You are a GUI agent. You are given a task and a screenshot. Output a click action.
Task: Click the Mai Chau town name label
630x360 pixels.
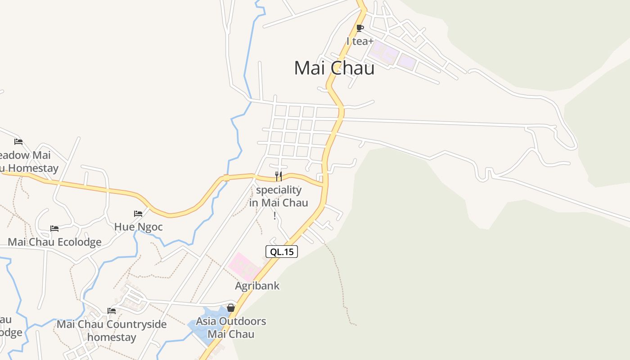334,68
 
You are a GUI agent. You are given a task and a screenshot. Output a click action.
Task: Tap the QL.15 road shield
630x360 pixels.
282,252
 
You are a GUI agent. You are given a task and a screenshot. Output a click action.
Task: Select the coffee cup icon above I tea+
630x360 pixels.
360,28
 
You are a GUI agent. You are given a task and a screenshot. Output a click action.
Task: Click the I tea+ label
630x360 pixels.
360,41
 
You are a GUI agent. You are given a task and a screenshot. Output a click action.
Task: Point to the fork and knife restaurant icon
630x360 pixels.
279,176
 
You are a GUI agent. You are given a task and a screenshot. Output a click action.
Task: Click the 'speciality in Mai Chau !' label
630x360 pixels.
279,202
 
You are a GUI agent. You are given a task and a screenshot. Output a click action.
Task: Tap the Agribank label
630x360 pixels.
257,286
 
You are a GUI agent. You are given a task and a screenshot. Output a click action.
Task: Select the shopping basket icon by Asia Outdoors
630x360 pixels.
231,308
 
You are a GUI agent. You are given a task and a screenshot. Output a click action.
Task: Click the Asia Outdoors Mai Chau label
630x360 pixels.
231,328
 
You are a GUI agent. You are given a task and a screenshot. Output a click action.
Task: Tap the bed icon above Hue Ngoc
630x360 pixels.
138,213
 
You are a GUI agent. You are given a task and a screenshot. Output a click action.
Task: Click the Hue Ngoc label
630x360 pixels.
138,227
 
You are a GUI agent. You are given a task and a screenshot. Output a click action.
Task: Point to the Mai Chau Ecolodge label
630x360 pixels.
54,242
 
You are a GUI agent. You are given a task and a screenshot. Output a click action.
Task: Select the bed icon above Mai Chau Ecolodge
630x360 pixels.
54,229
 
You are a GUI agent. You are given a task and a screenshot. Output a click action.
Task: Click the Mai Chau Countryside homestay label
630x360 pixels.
112,330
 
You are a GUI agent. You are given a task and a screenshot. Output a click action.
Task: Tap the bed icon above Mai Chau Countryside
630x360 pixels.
112,310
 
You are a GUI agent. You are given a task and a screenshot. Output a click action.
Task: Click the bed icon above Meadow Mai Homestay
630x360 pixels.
18,141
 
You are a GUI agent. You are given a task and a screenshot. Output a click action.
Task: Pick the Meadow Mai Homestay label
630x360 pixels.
27,162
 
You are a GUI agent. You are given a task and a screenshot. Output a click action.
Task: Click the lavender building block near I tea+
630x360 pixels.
384,52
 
